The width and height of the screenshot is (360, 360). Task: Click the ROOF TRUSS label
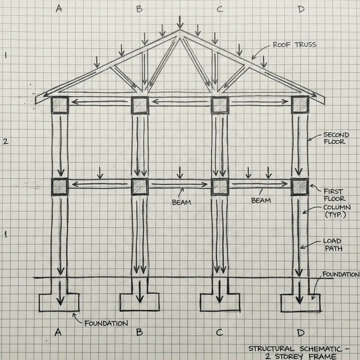(x=294, y=45)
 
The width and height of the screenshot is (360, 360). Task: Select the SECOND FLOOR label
(x=336, y=138)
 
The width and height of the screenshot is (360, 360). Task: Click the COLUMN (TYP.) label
(x=334, y=211)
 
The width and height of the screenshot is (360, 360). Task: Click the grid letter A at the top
(x=59, y=9)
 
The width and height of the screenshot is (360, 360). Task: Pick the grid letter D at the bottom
(x=301, y=332)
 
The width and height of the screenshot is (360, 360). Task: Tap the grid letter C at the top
(x=220, y=9)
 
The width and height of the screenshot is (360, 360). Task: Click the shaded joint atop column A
(x=60, y=104)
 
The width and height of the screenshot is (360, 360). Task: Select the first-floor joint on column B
(x=140, y=186)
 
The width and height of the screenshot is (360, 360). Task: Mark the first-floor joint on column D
(x=300, y=186)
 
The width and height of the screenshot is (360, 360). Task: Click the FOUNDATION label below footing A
(x=106, y=323)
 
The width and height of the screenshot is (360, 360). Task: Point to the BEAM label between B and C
(x=181, y=202)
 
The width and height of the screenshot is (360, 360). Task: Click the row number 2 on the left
(x=5, y=142)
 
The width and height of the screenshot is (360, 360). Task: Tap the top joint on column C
(x=220, y=105)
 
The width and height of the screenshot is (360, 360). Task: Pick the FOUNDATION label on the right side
(x=340, y=275)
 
